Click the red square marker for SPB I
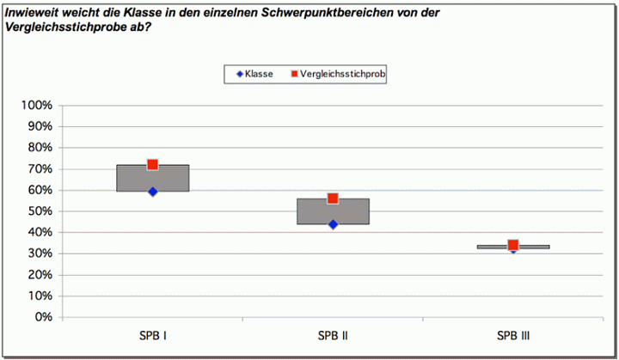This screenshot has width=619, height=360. click(x=153, y=164)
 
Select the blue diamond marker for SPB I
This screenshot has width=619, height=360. click(x=153, y=192)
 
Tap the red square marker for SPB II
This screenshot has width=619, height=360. click(x=333, y=198)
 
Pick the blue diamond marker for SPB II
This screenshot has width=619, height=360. click(x=333, y=224)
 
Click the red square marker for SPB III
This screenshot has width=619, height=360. click(x=513, y=246)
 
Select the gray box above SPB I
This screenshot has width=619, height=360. click(x=153, y=178)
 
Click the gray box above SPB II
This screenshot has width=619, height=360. click(x=333, y=211)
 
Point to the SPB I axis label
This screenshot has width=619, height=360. click(x=153, y=335)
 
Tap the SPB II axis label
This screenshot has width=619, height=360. click(x=333, y=335)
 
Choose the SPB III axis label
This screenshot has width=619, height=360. click(x=513, y=335)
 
